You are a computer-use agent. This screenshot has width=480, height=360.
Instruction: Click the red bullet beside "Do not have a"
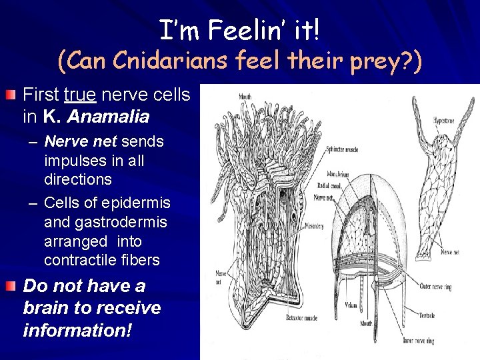[x=7, y=287]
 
